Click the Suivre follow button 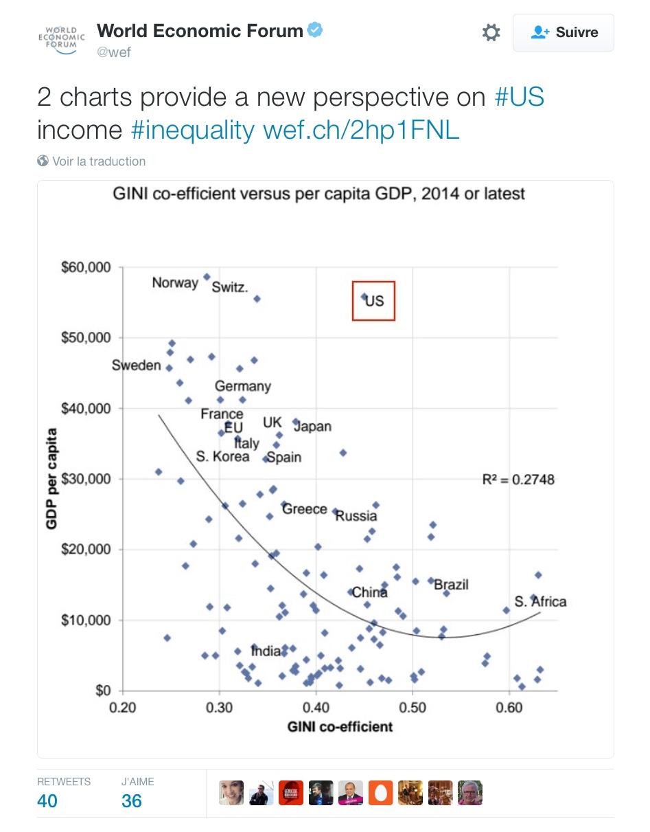[x=564, y=32]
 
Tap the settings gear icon [x=491, y=32]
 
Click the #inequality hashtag [x=192, y=130]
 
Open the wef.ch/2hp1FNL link [x=361, y=130]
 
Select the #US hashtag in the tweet [x=519, y=97]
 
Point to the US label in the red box [x=375, y=301]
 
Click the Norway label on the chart [x=175, y=282]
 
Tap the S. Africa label [x=541, y=602]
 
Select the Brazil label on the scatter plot [x=451, y=585]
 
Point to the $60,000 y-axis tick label [x=86, y=267]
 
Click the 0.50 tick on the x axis [x=412, y=708]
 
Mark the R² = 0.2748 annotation [x=518, y=480]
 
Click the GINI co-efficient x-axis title [x=340, y=727]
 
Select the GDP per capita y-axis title [x=51, y=479]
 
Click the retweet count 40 [x=47, y=801]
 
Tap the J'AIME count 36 [x=131, y=801]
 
